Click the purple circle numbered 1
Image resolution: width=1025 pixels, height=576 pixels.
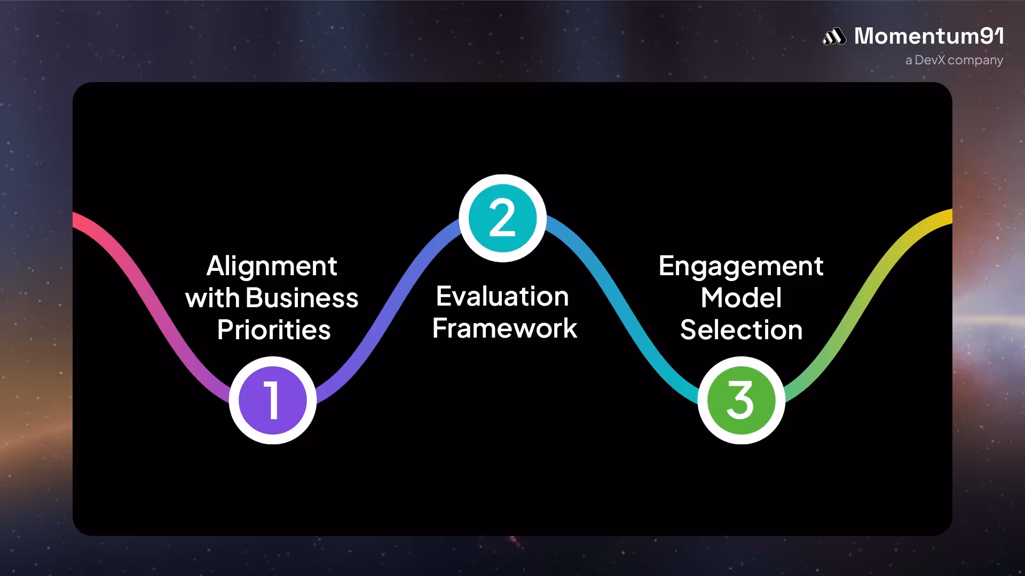click(x=273, y=400)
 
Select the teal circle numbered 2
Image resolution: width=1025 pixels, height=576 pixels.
click(x=502, y=218)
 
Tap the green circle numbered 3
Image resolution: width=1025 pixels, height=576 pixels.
click(x=741, y=400)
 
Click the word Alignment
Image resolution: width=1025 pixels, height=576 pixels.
click(x=272, y=266)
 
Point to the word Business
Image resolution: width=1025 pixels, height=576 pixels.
click(x=302, y=298)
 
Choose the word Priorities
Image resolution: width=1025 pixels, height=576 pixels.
click(x=274, y=330)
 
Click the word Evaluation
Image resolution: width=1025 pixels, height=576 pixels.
click(x=502, y=296)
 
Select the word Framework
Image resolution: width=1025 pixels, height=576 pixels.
click(x=504, y=328)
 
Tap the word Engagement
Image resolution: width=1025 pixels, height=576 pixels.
click(x=741, y=266)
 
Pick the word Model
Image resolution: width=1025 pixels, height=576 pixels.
click(x=741, y=298)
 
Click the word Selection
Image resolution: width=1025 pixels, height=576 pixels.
click(x=741, y=330)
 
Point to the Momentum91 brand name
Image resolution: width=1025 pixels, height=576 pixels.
click(x=929, y=36)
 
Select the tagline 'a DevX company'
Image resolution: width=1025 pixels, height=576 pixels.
click(x=954, y=60)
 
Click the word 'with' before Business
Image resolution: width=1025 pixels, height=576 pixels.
click(x=212, y=298)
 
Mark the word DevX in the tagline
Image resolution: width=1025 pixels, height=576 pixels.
click(x=930, y=60)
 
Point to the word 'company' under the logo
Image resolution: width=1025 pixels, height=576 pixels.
click(x=975, y=61)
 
